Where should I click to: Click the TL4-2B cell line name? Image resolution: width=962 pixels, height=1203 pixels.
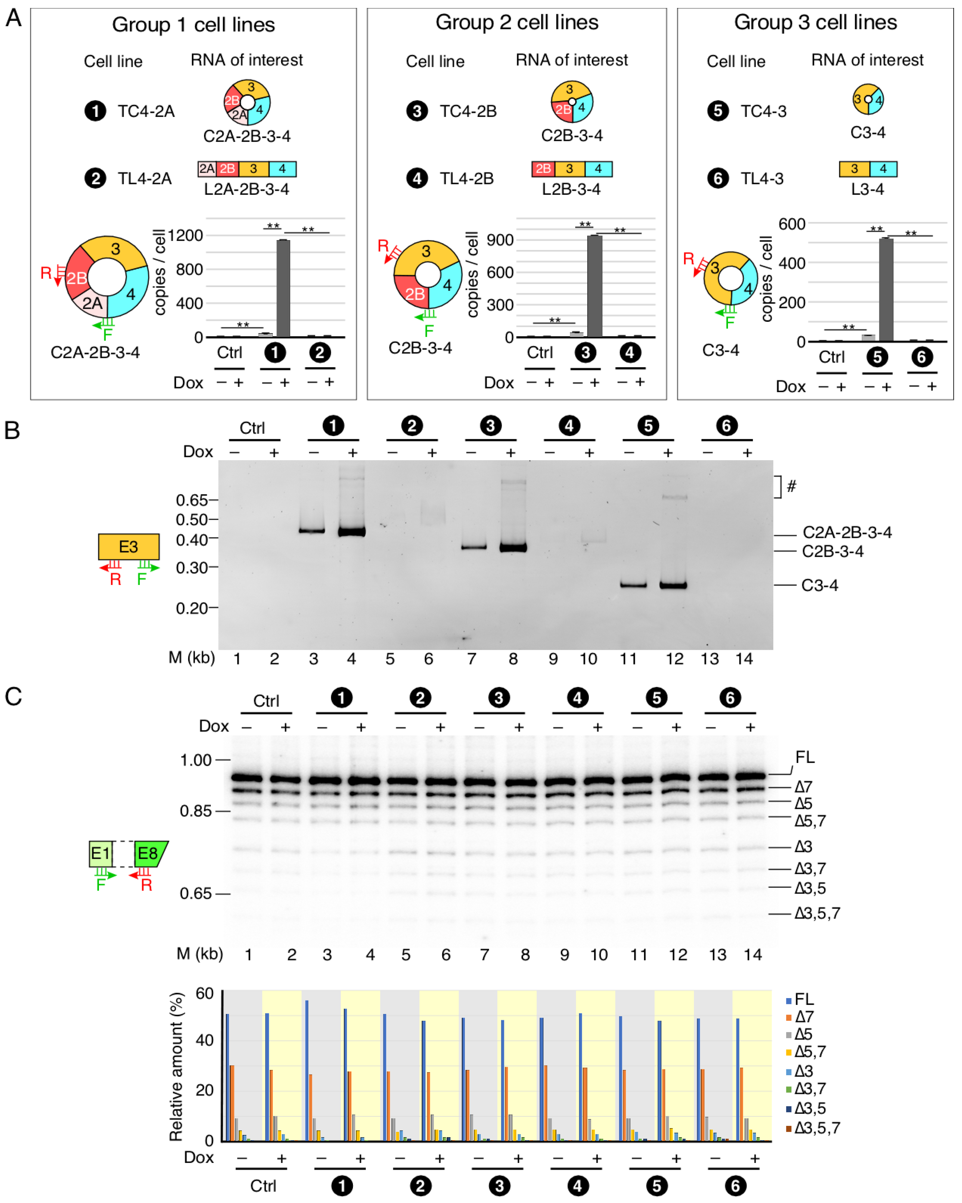coord(467,178)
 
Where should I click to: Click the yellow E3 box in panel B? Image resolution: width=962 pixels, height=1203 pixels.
coord(128,546)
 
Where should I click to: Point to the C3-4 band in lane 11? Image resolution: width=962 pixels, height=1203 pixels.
coord(633,585)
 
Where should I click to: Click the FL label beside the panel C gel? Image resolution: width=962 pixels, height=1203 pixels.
coord(805,757)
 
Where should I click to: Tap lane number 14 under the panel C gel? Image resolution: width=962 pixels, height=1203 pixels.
coord(752,955)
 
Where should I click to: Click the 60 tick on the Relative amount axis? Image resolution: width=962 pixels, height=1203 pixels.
coord(204,994)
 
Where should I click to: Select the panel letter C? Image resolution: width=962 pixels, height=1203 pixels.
coord(13,696)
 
